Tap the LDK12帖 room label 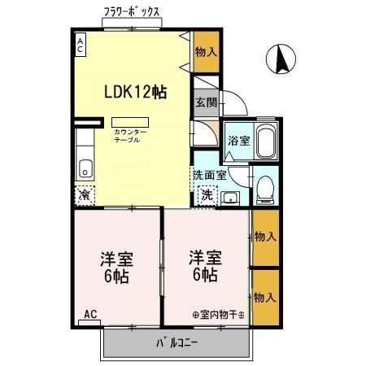[135, 93]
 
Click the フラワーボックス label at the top [131, 12]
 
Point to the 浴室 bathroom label [238, 140]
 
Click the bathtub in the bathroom [265, 142]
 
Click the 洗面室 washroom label [209, 174]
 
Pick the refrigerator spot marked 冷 [85, 195]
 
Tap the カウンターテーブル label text [130, 135]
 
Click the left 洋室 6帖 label [116, 268]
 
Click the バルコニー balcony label [176, 342]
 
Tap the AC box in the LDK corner [81, 45]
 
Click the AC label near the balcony [89, 315]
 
